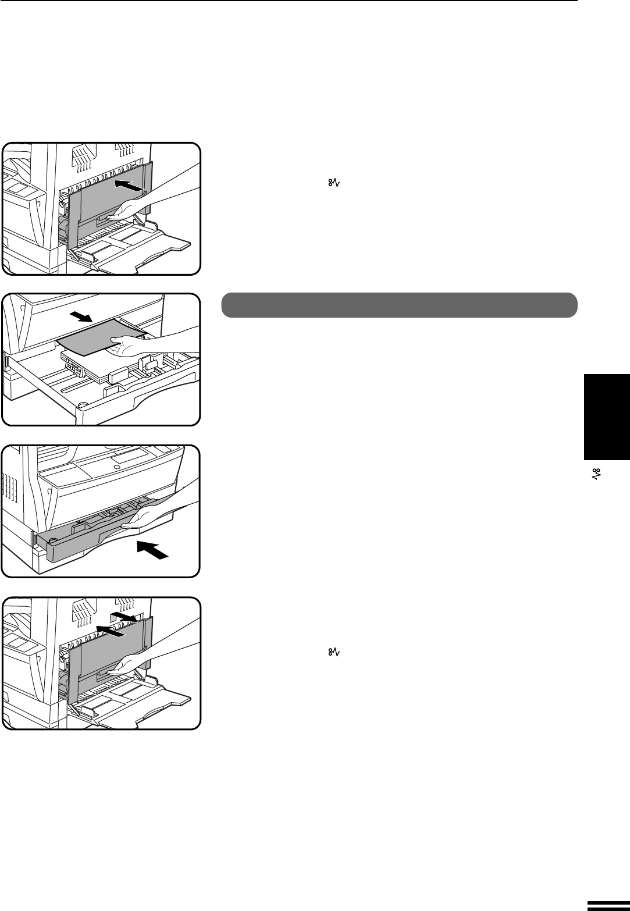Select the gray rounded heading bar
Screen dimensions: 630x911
[399, 305]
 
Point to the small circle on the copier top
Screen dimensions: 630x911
[117, 467]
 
